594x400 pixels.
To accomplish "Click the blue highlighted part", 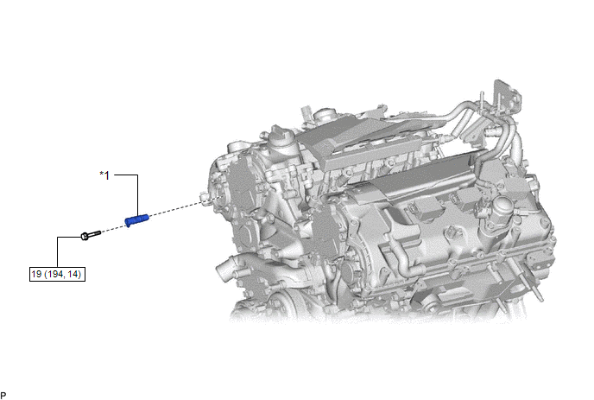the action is click(x=136, y=220).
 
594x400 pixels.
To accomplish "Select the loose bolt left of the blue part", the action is click(x=91, y=235).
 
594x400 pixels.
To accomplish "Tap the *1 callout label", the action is click(x=104, y=175).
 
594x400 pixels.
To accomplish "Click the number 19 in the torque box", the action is click(x=36, y=274).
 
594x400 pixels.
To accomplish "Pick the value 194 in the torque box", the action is click(x=55, y=274).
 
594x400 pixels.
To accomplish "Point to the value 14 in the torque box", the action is click(x=73, y=274).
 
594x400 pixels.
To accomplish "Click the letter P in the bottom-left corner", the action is click(x=3, y=396).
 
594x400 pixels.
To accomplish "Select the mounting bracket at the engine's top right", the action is click(x=506, y=96).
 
